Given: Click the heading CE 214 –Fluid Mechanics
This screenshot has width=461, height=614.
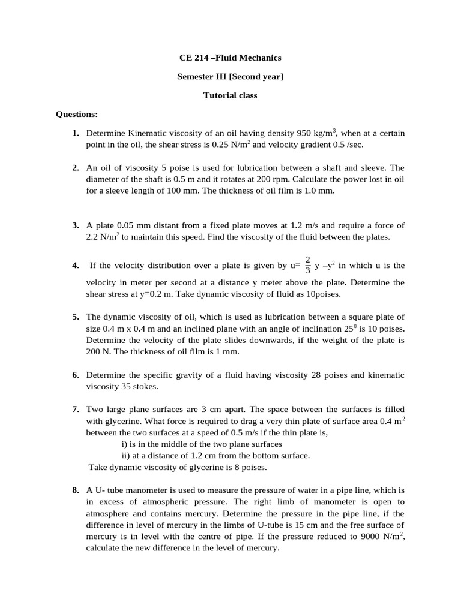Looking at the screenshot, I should pos(230,58).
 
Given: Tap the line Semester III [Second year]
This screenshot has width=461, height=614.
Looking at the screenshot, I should pos(230,76).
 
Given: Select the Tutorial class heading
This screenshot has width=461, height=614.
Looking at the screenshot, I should pos(230,95).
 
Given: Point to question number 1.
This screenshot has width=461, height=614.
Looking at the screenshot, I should pos(76,133).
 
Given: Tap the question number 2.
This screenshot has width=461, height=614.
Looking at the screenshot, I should pos(76,168).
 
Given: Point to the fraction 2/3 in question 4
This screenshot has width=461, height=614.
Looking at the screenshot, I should pos(308,264).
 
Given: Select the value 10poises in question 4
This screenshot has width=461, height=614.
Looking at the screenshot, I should pos(322,293).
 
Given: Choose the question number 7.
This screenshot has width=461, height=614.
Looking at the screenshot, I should pos(76,410).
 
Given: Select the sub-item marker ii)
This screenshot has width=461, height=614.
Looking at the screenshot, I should pos(125,455).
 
